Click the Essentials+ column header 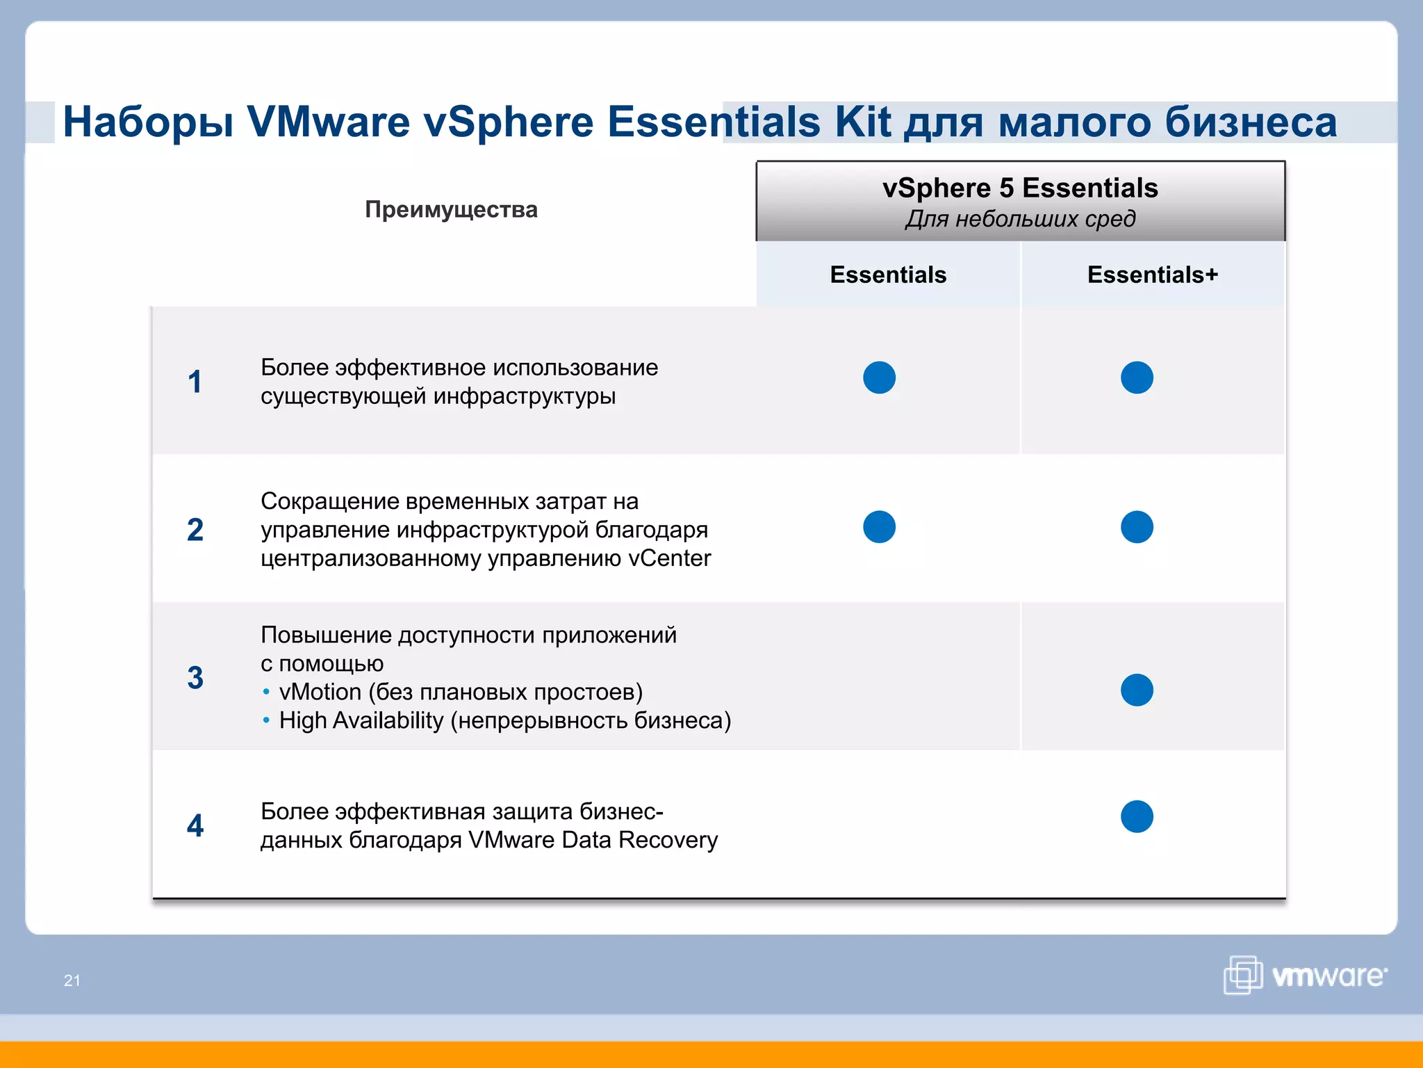click(x=1152, y=275)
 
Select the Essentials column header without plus click(x=888, y=275)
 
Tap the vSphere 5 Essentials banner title click(x=1020, y=188)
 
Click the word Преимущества click(x=451, y=209)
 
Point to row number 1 click(x=195, y=382)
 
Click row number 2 click(x=195, y=530)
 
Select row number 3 click(x=195, y=678)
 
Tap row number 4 click(x=195, y=826)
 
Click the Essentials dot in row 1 click(x=879, y=378)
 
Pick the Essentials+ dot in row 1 click(x=1137, y=378)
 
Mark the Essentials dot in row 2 click(x=879, y=526)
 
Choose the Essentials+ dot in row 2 click(x=1137, y=526)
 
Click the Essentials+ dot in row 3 click(x=1137, y=690)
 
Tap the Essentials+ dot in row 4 click(x=1137, y=816)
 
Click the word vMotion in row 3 click(x=320, y=692)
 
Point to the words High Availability click(x=361, y=720)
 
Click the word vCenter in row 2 click(x=669, y=558)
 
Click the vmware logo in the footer click(x=1305, y=975)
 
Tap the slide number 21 click(x=72, y=980)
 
